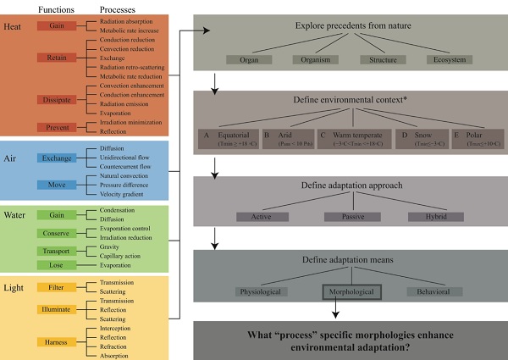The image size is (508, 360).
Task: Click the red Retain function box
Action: [x=56, y=58]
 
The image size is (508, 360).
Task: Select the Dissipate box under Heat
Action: [x=56, y=99]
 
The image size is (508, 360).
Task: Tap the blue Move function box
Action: [x=56, y=184]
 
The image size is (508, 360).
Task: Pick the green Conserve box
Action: [x=56, y=233]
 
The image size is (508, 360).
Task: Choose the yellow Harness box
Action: [x=56, y=341]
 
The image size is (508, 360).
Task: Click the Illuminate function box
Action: [x=56, y=309]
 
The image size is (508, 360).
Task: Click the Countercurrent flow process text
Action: [x=126, y=168]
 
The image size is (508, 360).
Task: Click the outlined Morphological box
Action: [x=352, y=292]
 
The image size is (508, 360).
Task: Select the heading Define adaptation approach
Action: [x=352, y=186]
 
